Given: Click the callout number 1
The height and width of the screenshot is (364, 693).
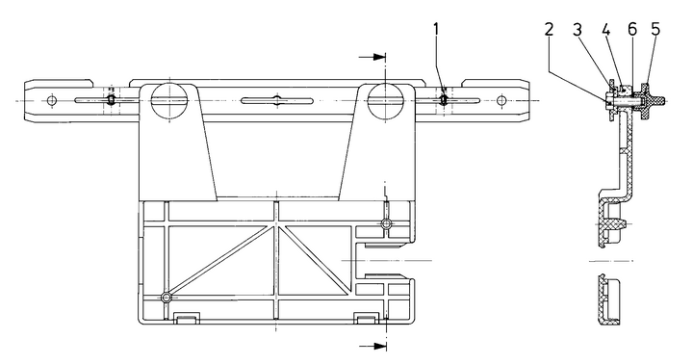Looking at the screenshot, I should pos(437,29).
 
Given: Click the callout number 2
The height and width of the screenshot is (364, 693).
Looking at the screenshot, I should pos(549,29).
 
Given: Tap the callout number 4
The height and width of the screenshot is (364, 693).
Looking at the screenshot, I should pos(608,29).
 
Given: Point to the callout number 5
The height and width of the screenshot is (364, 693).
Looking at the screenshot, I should pos(655,29).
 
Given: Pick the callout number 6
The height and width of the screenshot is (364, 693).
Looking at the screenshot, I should pos(631,29).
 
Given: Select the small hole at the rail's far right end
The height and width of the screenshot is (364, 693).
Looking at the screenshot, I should pos(500,99).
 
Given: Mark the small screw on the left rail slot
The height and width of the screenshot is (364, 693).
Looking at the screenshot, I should pos(113,99).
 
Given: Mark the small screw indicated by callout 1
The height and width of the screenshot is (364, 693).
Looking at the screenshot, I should pos(443,99).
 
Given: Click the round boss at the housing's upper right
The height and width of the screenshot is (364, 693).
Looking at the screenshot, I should pos(386,223).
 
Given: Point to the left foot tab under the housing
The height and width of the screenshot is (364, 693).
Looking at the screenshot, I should pos(189,318).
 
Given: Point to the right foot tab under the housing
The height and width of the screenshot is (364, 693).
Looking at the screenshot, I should pos(365,318).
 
